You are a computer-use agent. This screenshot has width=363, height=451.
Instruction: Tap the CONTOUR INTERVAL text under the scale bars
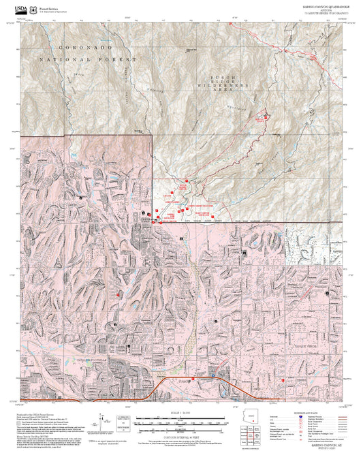pyautogui.click(x=181, y=434)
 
